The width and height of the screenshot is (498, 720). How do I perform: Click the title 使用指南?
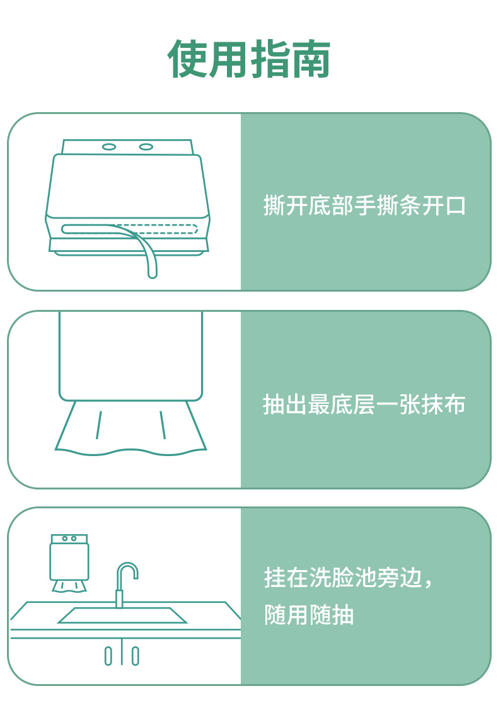coord(248,59)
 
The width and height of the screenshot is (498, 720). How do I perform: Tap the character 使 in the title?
coord(187,59)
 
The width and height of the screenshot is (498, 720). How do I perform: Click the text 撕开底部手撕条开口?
coord(364,205)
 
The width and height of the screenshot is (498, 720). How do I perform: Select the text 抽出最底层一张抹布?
coord(364,404)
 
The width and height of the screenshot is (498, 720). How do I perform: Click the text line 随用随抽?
coord(309,614)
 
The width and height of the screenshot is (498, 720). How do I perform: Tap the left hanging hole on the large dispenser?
coord(109,147)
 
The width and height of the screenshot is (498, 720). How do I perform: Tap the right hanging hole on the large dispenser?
coord(146,147)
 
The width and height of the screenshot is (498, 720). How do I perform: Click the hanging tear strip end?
coord(152,274)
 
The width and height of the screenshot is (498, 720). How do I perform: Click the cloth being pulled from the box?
coord(131,428)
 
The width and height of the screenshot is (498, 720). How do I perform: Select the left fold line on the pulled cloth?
coord(99,425)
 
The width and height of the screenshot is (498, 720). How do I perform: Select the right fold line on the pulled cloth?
coord(163,425)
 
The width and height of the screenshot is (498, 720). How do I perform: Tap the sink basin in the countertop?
coord(122,615)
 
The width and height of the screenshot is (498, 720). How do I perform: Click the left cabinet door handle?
coord(108,656)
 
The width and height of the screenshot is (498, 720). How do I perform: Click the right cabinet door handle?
coord(135,656)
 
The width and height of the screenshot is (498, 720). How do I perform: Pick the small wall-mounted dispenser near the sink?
coord(69,563)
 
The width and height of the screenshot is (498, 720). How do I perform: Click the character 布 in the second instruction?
coord(455,404)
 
